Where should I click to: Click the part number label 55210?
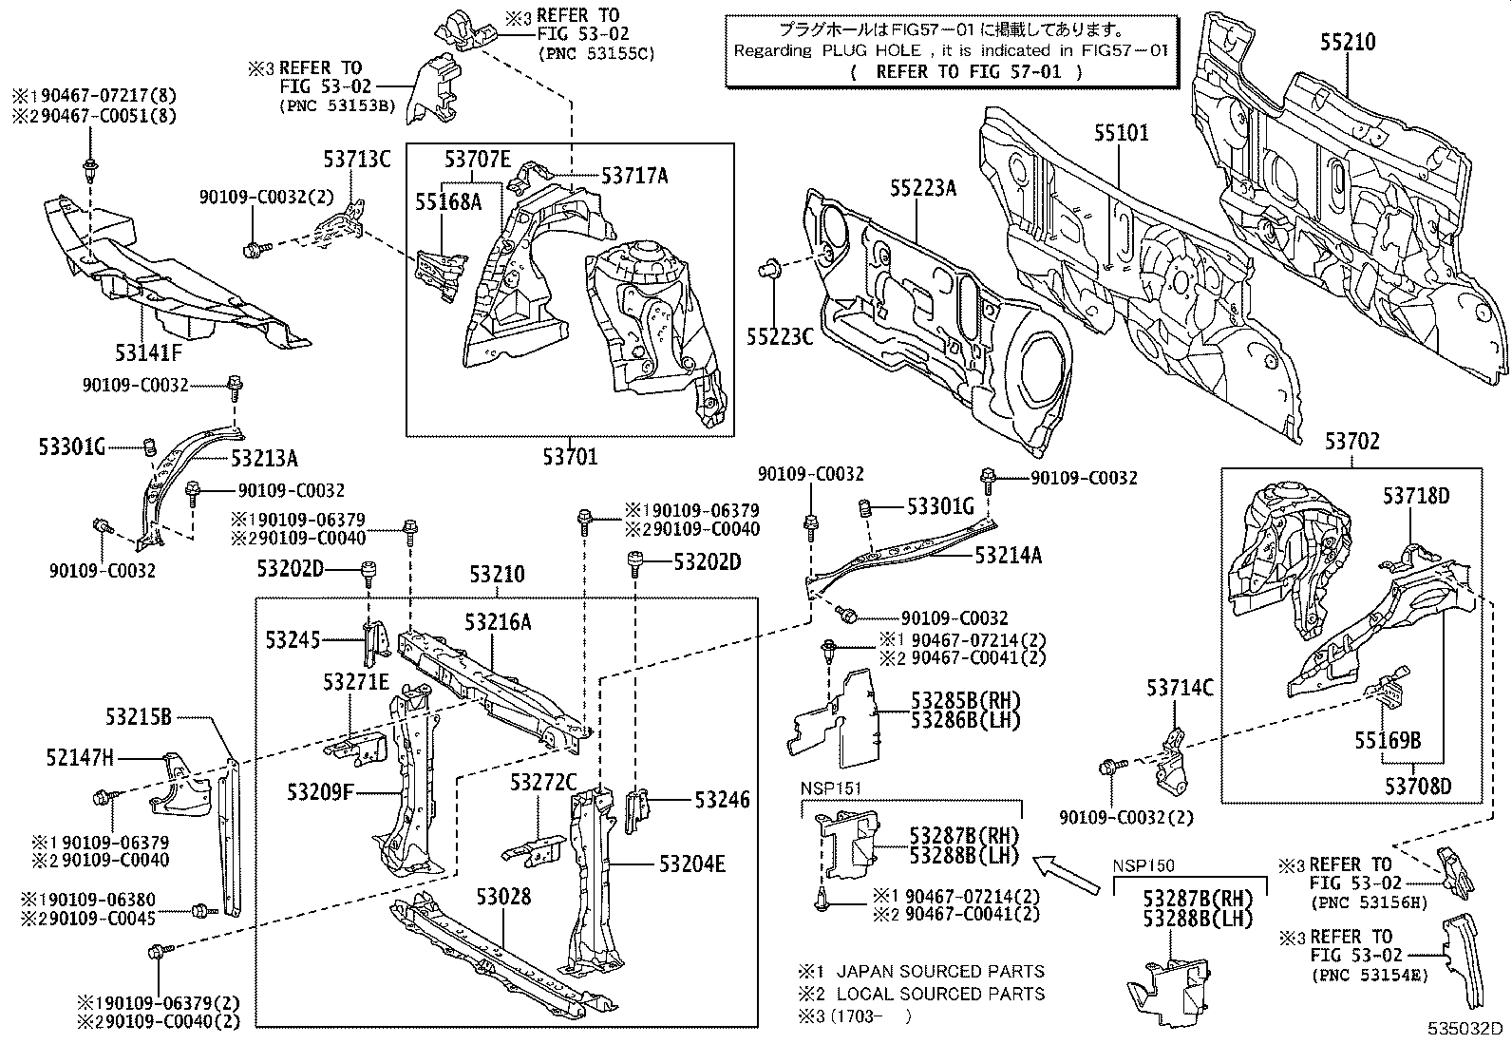[x=1347, y=43]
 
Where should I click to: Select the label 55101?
[x=1121, y=132]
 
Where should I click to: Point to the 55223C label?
[x=780, y=334]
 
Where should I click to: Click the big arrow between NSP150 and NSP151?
[x=1065, y=871]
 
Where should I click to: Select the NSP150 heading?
[x=1143, y=865]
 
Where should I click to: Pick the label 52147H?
[x=79, y=757]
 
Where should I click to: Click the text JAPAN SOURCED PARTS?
[x=940, y=971]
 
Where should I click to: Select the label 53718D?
[x=1416, y=496]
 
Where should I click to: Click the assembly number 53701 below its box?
[x=571, y=457]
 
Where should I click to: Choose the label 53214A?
[x=1008, y=556]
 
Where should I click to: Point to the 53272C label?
[x=543, y=782]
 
